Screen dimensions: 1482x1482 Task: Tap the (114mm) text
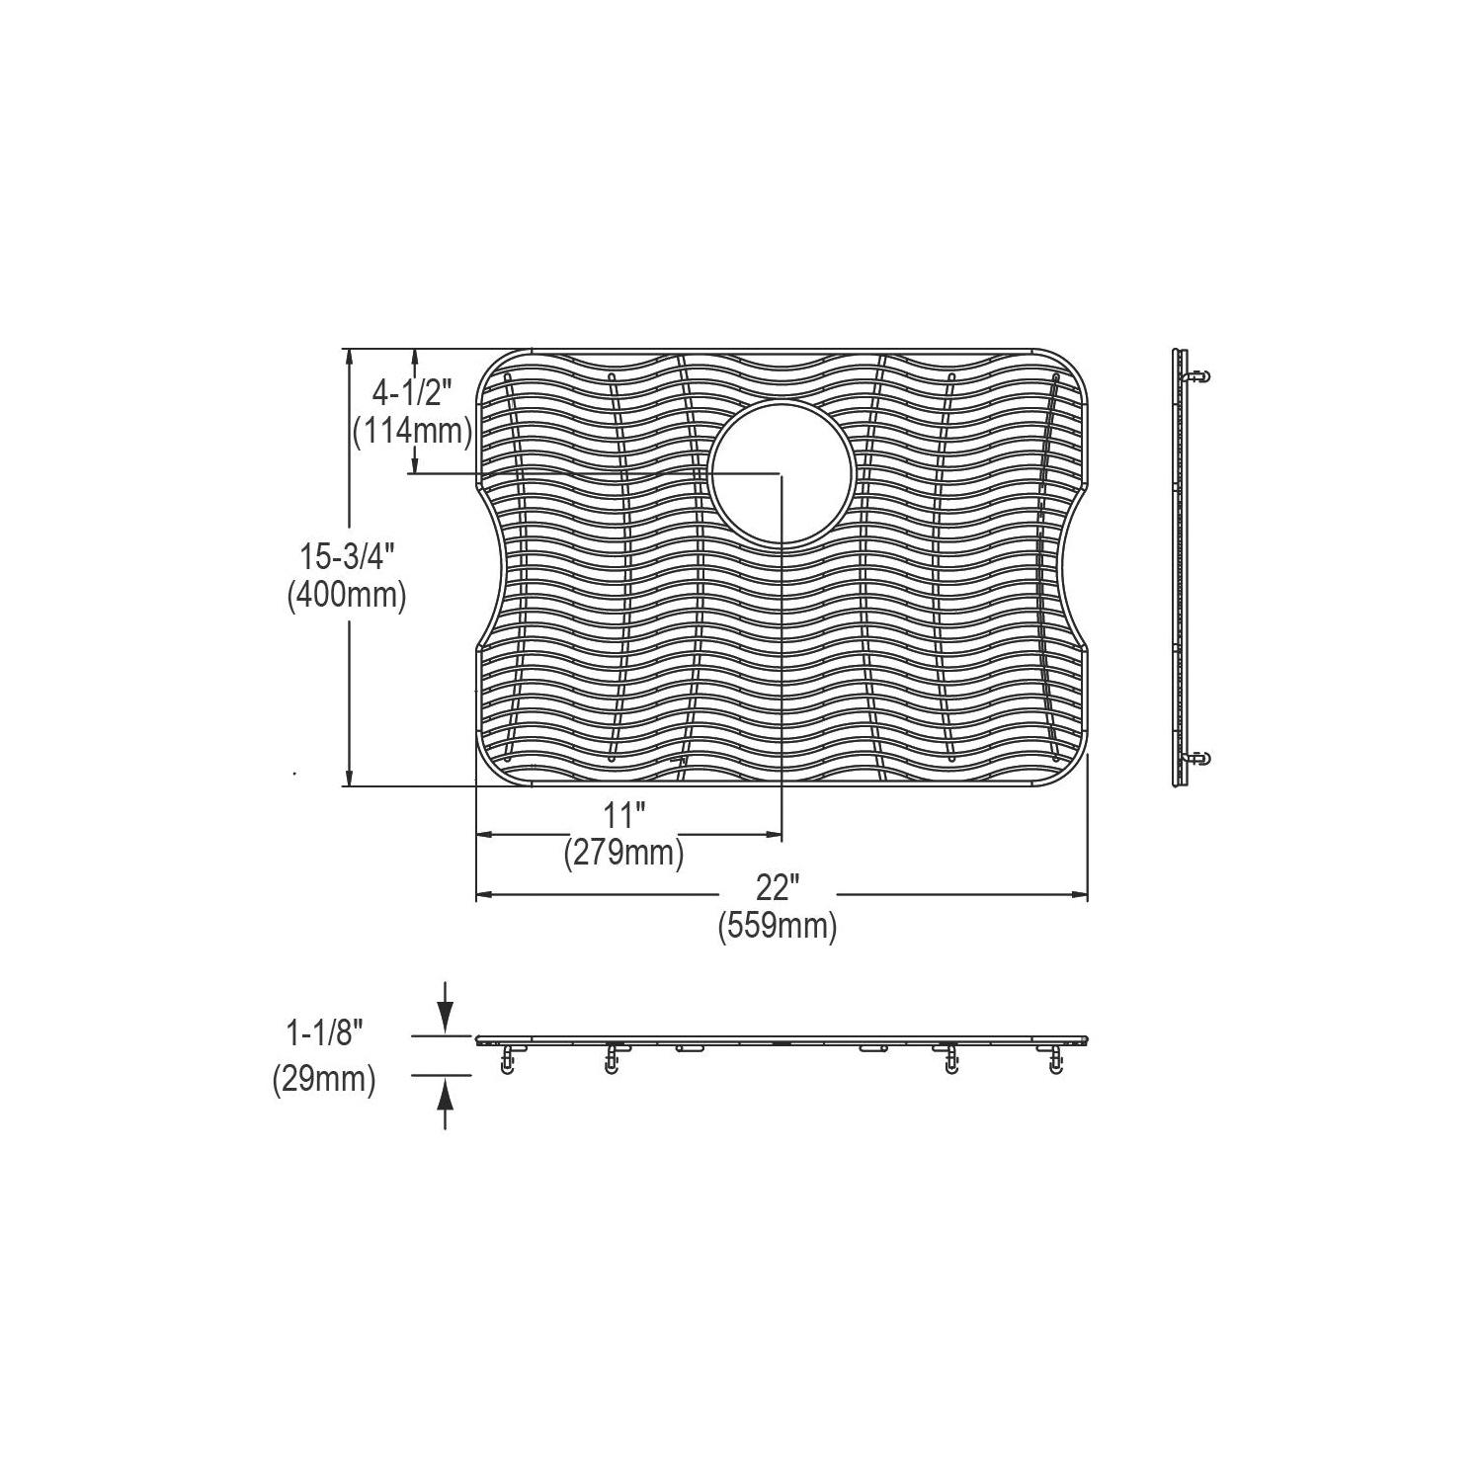tap(412, 431)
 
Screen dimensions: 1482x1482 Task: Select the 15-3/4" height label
tap(347, 558)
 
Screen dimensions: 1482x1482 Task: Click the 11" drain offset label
tap(624, 816)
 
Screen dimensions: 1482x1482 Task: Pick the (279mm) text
tap(623, 852)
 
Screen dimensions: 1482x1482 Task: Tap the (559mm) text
tap(778, 926)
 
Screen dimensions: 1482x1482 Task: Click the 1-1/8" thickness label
tap(325, 1035)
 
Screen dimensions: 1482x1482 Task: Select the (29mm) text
tap(324, 1080)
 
